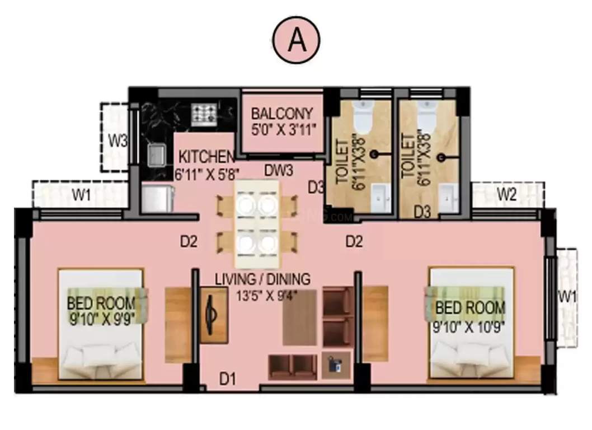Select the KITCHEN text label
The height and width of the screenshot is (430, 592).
206,156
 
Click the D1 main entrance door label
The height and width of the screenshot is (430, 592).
227,380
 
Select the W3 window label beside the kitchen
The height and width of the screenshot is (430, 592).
117,141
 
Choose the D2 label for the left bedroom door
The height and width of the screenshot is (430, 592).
189,242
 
